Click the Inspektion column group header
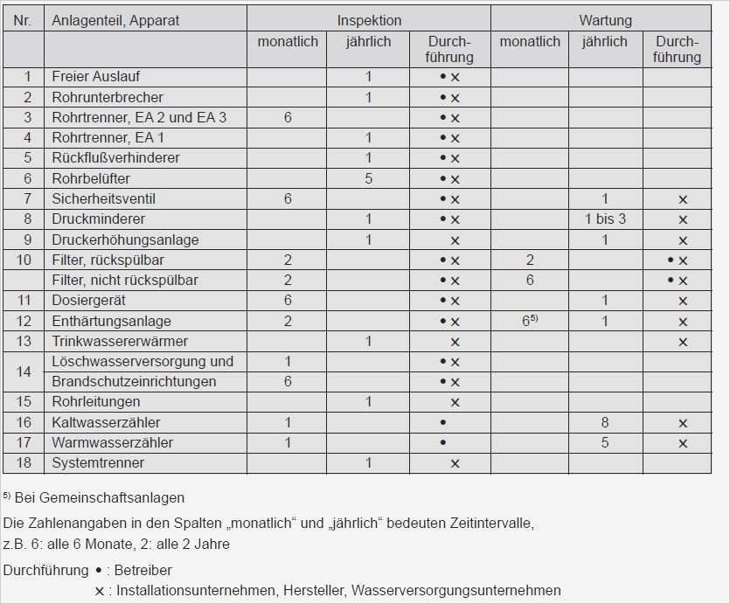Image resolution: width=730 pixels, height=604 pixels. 369,20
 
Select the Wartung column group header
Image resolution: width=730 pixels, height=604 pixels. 605,20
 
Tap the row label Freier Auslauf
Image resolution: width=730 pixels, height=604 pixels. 95,77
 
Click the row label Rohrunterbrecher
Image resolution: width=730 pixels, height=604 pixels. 108,97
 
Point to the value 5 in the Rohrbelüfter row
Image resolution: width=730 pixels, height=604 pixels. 369,178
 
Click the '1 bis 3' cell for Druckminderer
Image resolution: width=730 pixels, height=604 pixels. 605,219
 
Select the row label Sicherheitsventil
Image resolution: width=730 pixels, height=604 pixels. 103,198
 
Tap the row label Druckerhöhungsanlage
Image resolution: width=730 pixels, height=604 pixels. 125,240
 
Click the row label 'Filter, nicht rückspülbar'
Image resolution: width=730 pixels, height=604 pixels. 125,280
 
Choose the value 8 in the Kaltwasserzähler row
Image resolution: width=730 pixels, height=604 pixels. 605,422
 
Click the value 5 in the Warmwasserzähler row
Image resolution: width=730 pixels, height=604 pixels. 605,442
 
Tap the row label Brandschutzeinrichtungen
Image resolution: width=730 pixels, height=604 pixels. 134,381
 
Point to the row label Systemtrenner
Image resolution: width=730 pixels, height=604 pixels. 98,462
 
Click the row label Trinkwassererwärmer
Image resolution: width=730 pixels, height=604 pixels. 120,341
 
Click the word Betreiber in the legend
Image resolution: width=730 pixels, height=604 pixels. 144,571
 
